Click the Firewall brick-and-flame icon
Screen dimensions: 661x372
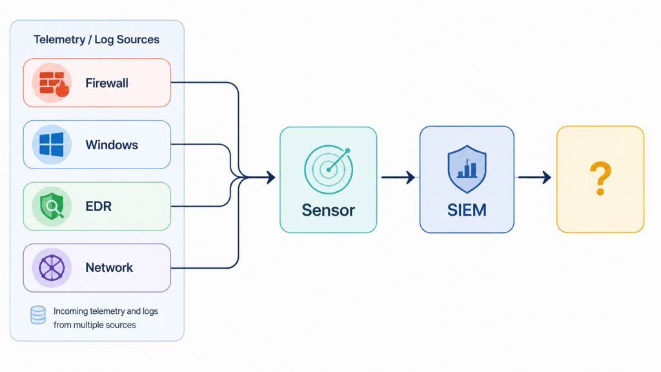pyautogui.click(x=54, y=84)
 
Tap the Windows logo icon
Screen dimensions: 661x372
pyautogui.click(x=52, y=145)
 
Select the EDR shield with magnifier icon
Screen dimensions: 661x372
pyautogui.click(x=52, y=206)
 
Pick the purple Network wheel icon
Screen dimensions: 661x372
pyautogui.click(x=52, y=268)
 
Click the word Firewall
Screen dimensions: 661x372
pyautogui.click(x=107, y=83)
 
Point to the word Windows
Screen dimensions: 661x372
pyautogui.click(x=112, y=145)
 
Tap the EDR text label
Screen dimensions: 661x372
pyautogui.click(x=99, y=206)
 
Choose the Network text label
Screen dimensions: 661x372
pyautogui.click(x=109, y=267)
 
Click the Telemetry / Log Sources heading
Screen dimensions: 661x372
pyautogui.click(x=97, y=39)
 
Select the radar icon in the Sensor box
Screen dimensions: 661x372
pyautogui.click(x=329, y=169)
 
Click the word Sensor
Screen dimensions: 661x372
pyautogui.click(x=329, y=210)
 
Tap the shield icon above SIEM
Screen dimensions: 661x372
pyautogui.click(x=467, y=169)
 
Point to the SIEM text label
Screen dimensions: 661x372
pyautogui.click(x=467, y=210)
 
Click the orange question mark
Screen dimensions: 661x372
pyautogui.click(x=600, y=179)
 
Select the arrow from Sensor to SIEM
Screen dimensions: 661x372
pyautogui.click(x=398, y=177)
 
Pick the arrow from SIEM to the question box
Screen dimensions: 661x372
pyautogui.click(x=534, y=177)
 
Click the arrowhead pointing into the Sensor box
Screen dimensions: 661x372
pyautogui.click(x=271, y=177)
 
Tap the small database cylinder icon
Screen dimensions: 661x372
pyautogui.click(x=38, y=315)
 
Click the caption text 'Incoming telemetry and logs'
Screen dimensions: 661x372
pyautogui.click(x=106, y=311)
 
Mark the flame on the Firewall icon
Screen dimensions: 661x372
pyautogui.click(x=63, y=89)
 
